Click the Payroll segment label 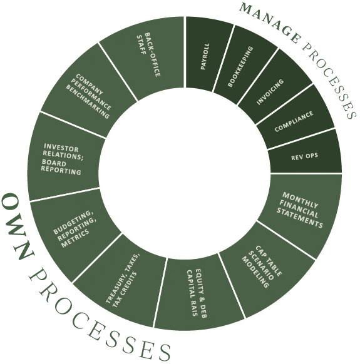[205, 56]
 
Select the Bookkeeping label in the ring [240, 67]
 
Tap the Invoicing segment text [270, 92]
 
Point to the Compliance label [294, 121]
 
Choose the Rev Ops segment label [304, 157]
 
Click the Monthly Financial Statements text [300, 210]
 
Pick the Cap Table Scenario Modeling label [262, 267]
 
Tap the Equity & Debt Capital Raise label [197, 293]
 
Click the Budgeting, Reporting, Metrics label [75, 229]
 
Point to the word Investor [61, 148]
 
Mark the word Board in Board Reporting [54, 163]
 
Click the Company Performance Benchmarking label [88, 96]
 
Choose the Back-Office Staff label [148, 55]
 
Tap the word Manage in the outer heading [270, 23]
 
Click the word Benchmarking [88, 102]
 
